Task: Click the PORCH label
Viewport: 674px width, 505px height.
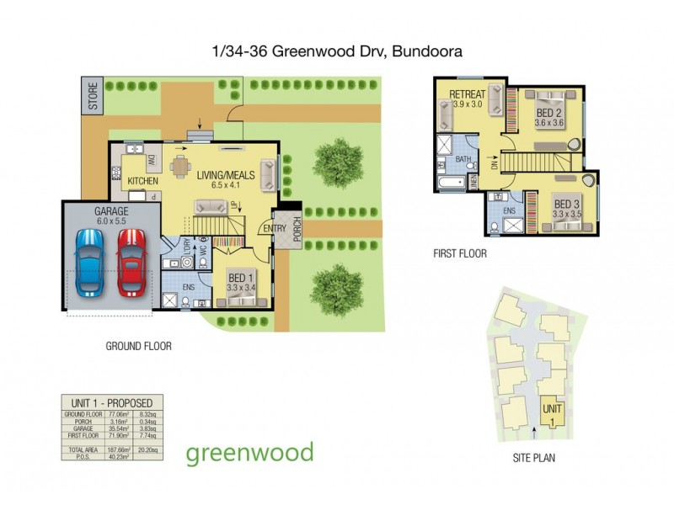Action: (296, 229)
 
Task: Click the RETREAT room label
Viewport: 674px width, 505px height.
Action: (466, 93)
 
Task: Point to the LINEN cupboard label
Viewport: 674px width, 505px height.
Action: (474, 179)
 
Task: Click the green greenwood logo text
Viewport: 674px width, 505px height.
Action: (249, 452)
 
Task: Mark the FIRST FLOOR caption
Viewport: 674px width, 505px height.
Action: (459, 252)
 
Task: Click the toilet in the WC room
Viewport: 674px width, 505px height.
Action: (203, 262)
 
